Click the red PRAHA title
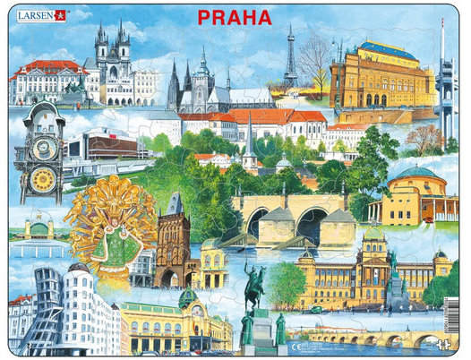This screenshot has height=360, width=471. (235, 17)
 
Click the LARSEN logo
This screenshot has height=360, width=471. (37, 15)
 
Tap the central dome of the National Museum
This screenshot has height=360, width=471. (373, 236)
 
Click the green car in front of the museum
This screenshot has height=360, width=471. (314, 309)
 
